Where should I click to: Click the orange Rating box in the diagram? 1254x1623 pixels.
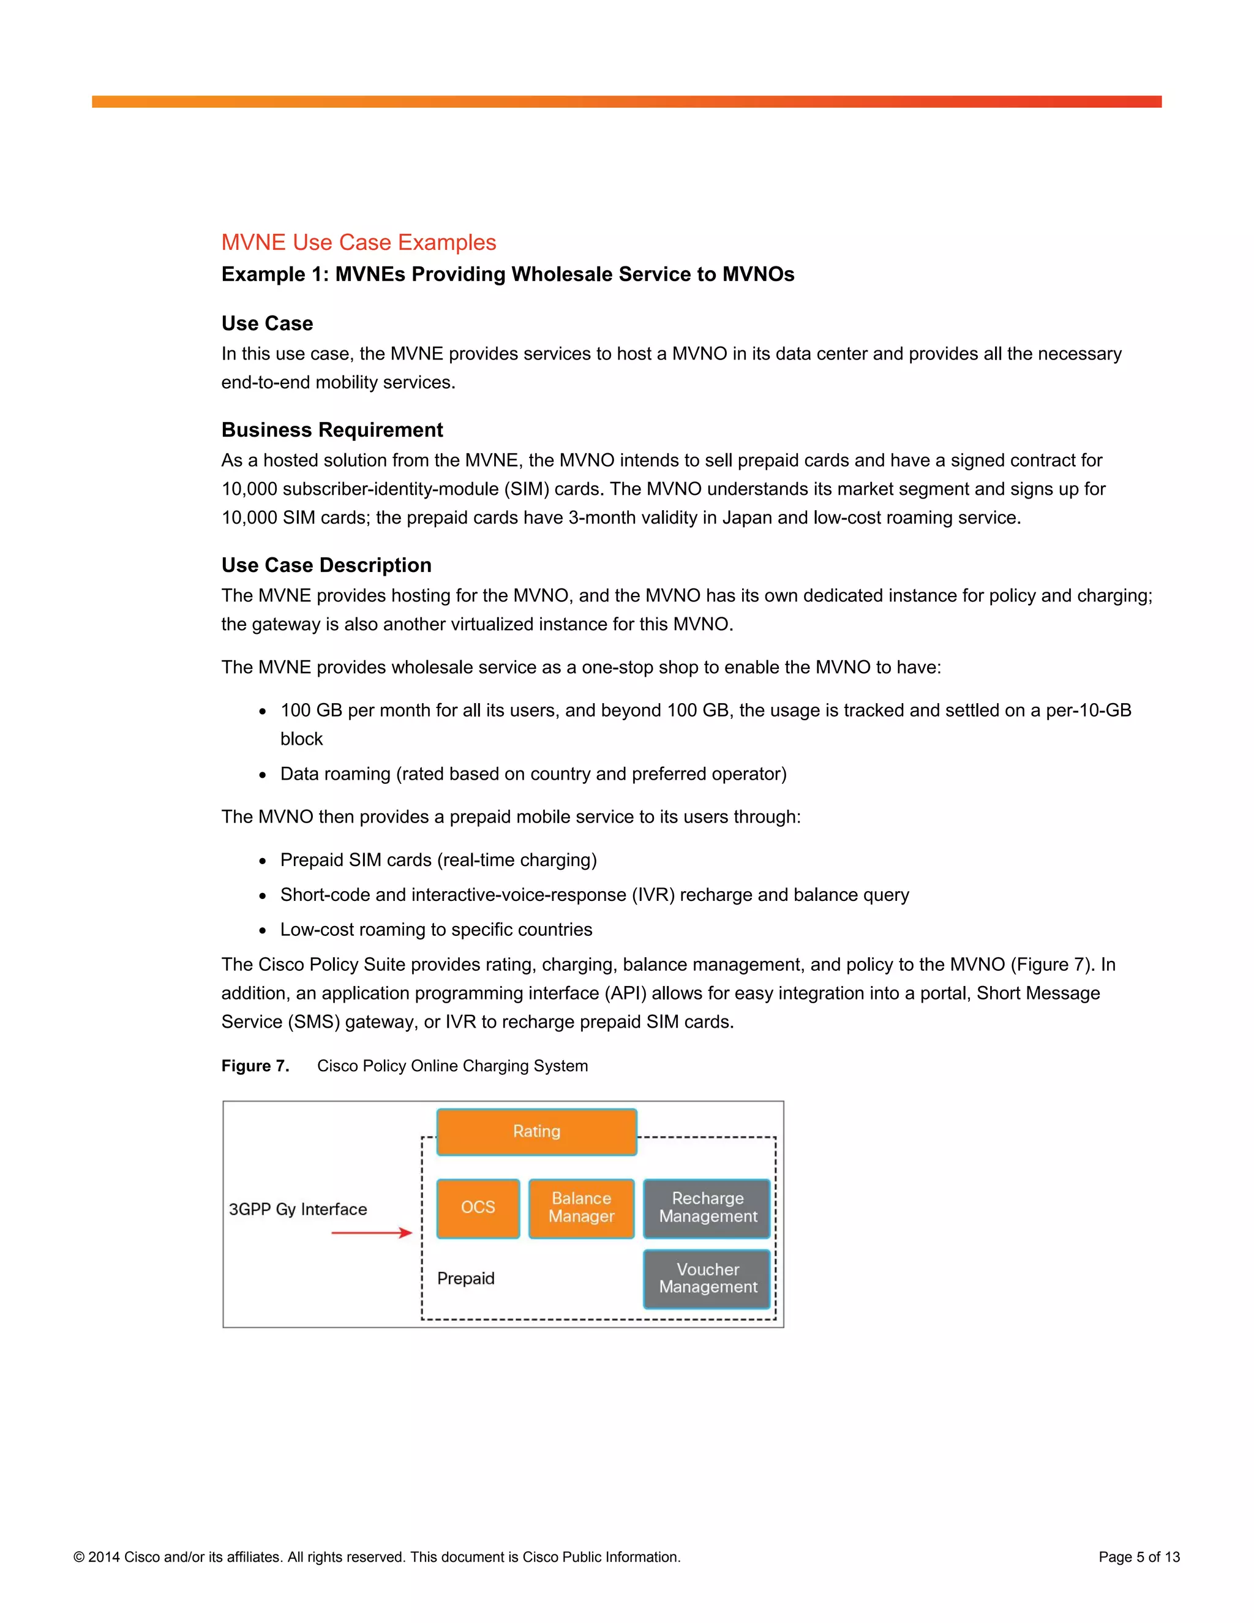(x=536, y=1132)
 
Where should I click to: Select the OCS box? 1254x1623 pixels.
(x=478, y=1208)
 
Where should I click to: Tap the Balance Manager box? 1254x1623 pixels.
(x=581, y=1208)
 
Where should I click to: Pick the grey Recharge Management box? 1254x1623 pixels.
(x=707, y=1208)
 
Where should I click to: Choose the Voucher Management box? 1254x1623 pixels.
(x=707, y=1278)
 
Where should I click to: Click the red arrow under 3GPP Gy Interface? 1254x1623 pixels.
(x=372, y=1233)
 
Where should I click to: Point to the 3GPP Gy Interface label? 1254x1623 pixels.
(x=298, y=1209)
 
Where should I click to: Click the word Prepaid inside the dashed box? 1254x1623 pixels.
(x=466, y=1278)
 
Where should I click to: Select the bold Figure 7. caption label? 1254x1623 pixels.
(x=255, y=1066)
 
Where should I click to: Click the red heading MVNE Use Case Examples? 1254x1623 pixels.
(x=358, y=243)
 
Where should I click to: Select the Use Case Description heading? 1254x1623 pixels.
(x=326, y=565)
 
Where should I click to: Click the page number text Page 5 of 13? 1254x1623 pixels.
(x=1139, y=1557)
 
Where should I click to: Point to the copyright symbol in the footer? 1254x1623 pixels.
(x=79, y=1557)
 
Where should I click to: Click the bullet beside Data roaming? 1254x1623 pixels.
(x=262, y=775)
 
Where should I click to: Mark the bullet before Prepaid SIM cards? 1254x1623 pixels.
(x=262, y=861)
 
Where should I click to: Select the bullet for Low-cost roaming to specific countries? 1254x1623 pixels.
(x=262, y=931)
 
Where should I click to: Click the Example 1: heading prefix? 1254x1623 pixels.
(x=275, y=274)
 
